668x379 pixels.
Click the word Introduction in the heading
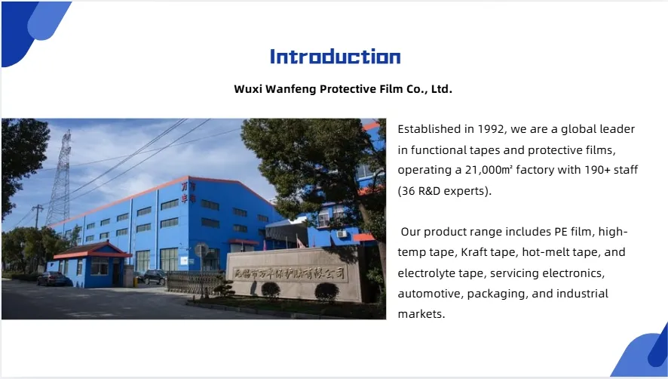click(335, 57)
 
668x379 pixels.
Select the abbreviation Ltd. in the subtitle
click(440, 89)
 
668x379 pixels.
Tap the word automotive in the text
click(430, 293)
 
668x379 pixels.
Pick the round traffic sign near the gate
click(201, 249)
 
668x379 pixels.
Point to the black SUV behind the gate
click(155, 277)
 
